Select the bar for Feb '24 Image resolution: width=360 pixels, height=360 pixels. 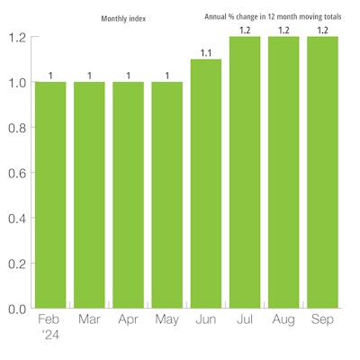(50, 194)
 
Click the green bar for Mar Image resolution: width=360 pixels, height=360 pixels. (89, 194)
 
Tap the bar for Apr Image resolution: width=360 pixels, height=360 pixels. (128, 194)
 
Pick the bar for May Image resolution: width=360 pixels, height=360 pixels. (166, 194)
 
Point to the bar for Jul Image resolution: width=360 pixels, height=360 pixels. (245, 172)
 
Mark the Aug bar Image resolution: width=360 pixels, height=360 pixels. (283, 172)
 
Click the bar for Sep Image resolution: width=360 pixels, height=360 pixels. (322, 172)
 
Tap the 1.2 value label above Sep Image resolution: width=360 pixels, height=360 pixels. (322, 31)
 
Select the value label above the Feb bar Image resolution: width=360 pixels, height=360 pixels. (50, 76)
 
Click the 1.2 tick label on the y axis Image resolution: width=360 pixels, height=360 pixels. (16, 38)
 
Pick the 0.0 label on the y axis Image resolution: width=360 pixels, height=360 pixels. (16, 309)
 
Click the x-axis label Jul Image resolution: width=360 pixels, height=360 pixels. (245, 320)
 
